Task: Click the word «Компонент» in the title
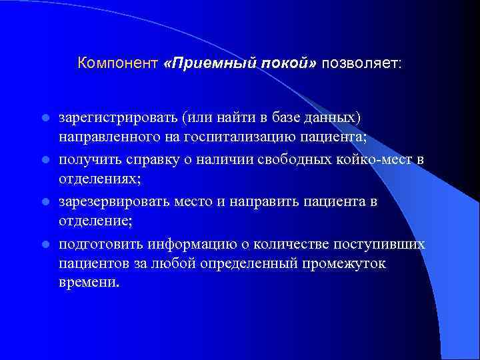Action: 117,64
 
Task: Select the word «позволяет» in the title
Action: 361,64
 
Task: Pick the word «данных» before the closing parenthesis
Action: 333,118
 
